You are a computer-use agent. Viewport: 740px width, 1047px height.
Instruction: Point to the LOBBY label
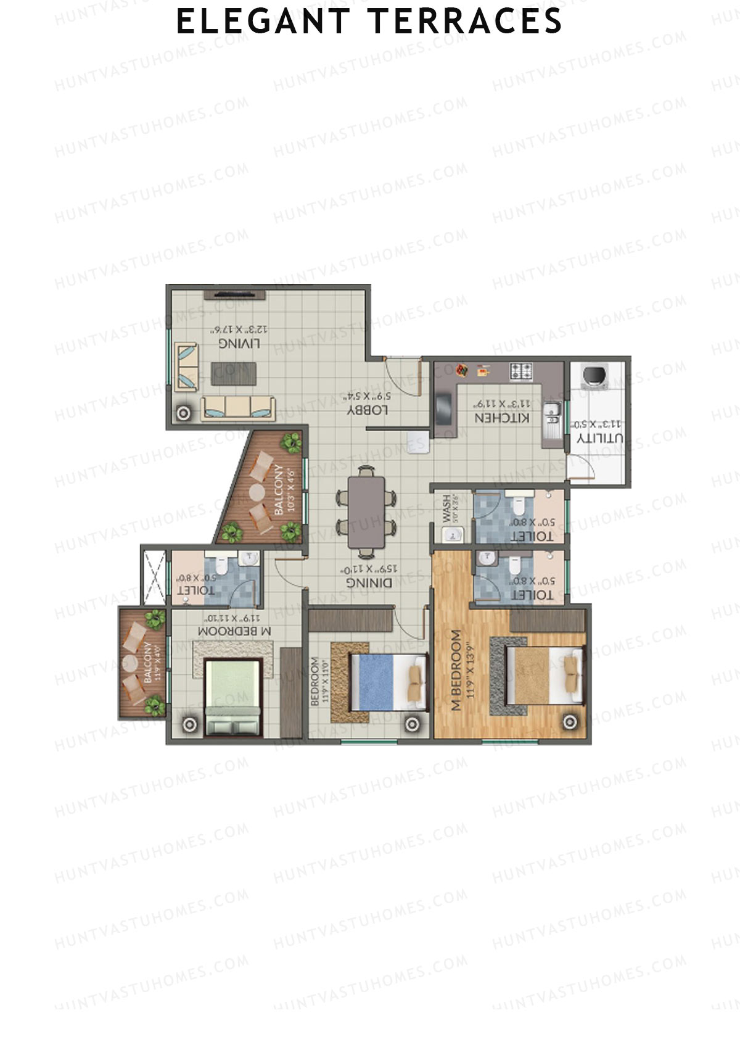pyautogui.click(x=368, y=410)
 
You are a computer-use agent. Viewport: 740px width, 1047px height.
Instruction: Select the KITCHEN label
pyautogui.click(x=501, y=418)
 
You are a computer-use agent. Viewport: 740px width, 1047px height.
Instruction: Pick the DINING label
pyautogui.click(x=369, y=582)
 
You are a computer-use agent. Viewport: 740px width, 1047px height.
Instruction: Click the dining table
pyautogui.click(x=366, y=512)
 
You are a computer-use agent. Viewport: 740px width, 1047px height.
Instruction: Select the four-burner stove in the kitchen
pyautogui.click(x=521, y=371)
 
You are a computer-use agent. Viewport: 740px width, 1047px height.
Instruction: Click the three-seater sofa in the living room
pyautogui.click(x=238, y=407)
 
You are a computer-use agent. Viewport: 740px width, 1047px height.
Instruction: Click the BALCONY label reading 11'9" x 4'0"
pyautogui.click(x=148, y=662)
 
